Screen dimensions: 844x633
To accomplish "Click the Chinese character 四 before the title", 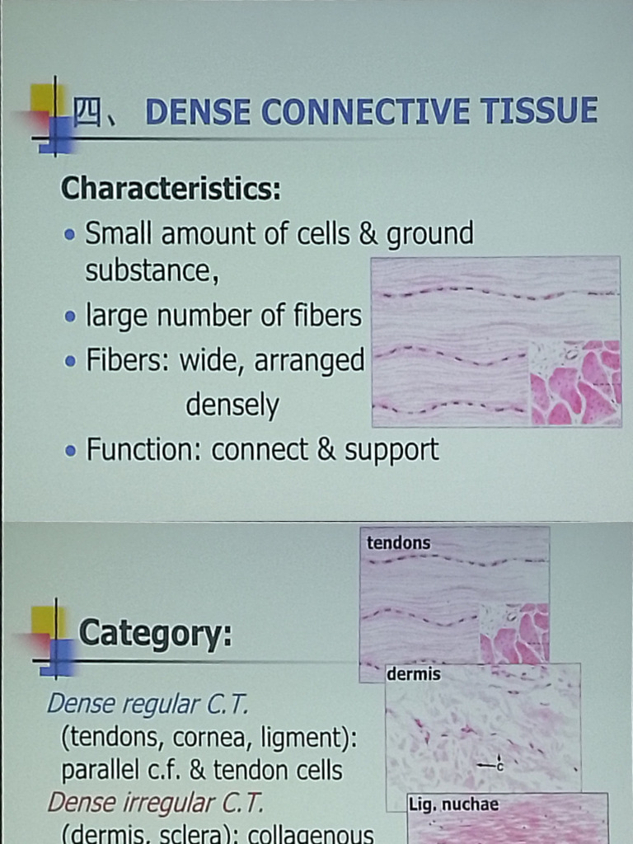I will click(x=87, y=113).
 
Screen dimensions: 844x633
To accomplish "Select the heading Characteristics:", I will click(x=171, y=188).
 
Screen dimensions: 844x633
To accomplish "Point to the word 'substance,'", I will click(x=152, y=270).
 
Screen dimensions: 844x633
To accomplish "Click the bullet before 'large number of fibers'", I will click(x=71, y=316).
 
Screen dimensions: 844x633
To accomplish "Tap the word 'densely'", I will click(x=232, y=406).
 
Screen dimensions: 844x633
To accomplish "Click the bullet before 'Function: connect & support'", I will click(x=72, y=451).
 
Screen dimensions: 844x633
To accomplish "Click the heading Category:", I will click(x=155, y=634).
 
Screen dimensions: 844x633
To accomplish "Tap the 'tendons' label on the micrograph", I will click(x=398, y=542).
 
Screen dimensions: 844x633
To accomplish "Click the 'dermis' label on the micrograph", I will click(x=414, y=674).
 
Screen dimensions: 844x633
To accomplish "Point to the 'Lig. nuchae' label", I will click(x=453, y=804).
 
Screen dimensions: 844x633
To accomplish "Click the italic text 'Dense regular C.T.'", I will click(x=148, y=704).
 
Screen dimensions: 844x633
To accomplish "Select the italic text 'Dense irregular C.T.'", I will click(x=155, y=802).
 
